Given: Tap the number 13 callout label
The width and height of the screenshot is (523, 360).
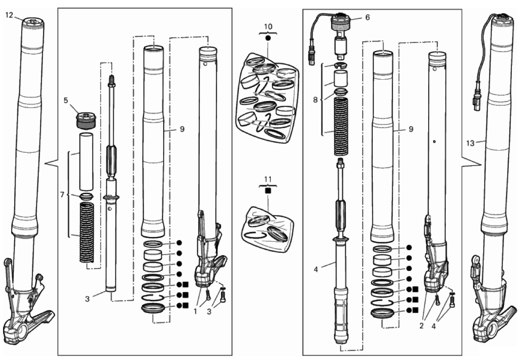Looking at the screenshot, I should tap(470, 143).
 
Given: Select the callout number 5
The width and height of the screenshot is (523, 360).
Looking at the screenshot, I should tap(66, 100).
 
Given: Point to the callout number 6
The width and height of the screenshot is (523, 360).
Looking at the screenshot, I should tap(367, 18).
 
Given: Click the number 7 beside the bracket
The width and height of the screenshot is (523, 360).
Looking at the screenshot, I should tap(62, 194).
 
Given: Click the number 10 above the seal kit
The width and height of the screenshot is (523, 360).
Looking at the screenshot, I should tap(268, 27).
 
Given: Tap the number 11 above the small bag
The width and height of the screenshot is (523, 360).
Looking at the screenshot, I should tap(267, 179).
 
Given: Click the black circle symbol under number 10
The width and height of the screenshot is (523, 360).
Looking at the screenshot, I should tap(268, 39).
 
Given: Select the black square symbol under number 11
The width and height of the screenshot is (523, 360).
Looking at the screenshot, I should tap(267, 190).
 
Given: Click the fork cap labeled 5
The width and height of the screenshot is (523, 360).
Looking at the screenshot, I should tap(86, 120).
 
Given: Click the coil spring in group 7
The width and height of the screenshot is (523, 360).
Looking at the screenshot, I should tap(86, 232).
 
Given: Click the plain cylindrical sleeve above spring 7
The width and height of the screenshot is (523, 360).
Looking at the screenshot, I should tap(86, 160).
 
